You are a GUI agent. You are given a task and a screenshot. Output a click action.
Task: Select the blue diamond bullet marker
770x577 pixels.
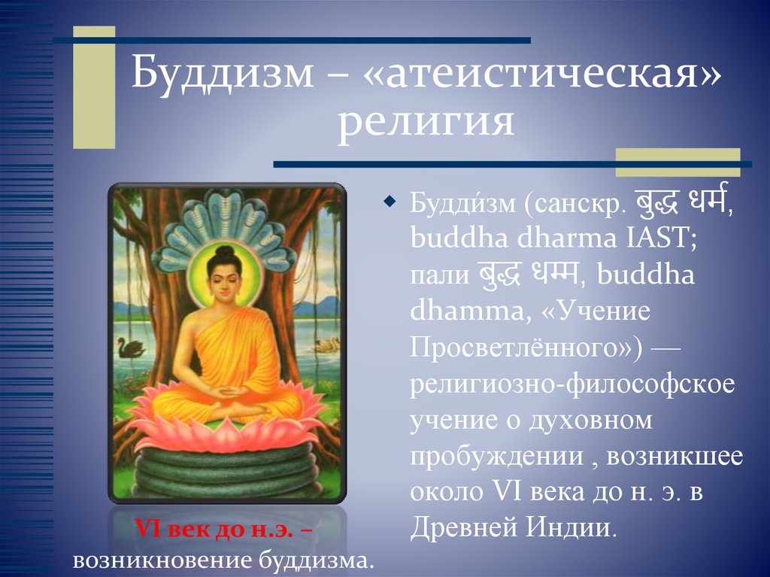pos(390,202)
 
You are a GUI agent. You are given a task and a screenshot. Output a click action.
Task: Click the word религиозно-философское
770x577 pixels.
pos(571,384)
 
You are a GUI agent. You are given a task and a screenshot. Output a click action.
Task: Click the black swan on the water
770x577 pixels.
pos(131,348)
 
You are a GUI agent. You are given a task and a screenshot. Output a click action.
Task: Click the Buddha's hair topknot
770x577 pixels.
pos(225,253)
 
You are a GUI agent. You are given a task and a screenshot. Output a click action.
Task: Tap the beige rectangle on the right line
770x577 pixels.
pos(678,162)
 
